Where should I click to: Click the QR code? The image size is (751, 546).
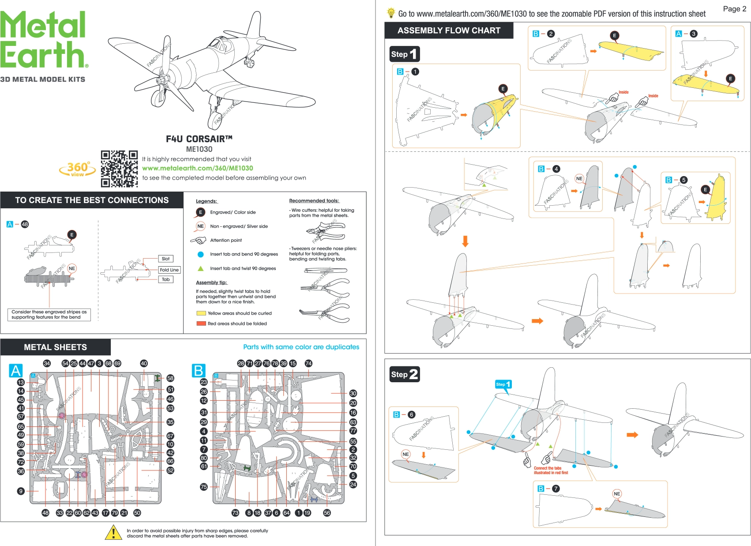coord(119,169)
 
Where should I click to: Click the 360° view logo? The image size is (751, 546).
coord(78,169)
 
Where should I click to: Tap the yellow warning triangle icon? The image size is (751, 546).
coord(113,532)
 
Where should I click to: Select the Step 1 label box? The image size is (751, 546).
coord(404,54)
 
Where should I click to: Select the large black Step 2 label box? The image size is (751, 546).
coord(404,374)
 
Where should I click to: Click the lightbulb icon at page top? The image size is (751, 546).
coord(391,13)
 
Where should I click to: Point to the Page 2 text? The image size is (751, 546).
coord(734,9)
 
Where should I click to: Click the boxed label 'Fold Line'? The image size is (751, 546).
coord(169,270)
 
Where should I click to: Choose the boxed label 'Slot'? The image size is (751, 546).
coord(165,259)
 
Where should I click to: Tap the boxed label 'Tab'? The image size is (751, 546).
coord(165,279)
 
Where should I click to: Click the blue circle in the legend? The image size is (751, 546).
coord(201,254)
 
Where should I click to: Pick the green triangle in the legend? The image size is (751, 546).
coord(201,268)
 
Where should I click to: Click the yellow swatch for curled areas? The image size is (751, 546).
coord(201,313)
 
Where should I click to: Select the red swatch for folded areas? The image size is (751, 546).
coord(201,324)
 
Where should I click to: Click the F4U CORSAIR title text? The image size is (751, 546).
coord(199,139)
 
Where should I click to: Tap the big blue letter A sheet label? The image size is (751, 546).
coord(16,371)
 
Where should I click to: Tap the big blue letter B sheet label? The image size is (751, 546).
coord(199,371)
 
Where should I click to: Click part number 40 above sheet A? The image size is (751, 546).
coord(144,363)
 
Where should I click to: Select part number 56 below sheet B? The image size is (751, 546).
coord(327,513)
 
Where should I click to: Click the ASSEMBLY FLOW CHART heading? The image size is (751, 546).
coord(449,30)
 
